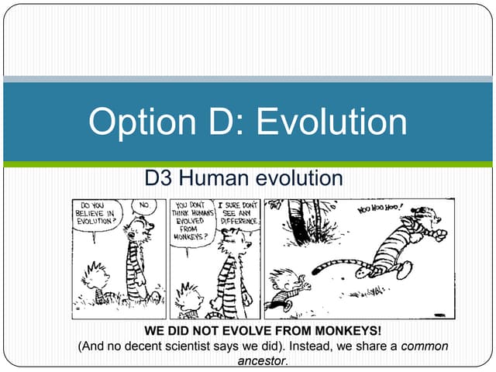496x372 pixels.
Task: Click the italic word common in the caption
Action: (x=425, y=346)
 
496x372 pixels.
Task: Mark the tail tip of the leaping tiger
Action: (x=317, y=270)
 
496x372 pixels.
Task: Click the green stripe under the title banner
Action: (x=248, y=164)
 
